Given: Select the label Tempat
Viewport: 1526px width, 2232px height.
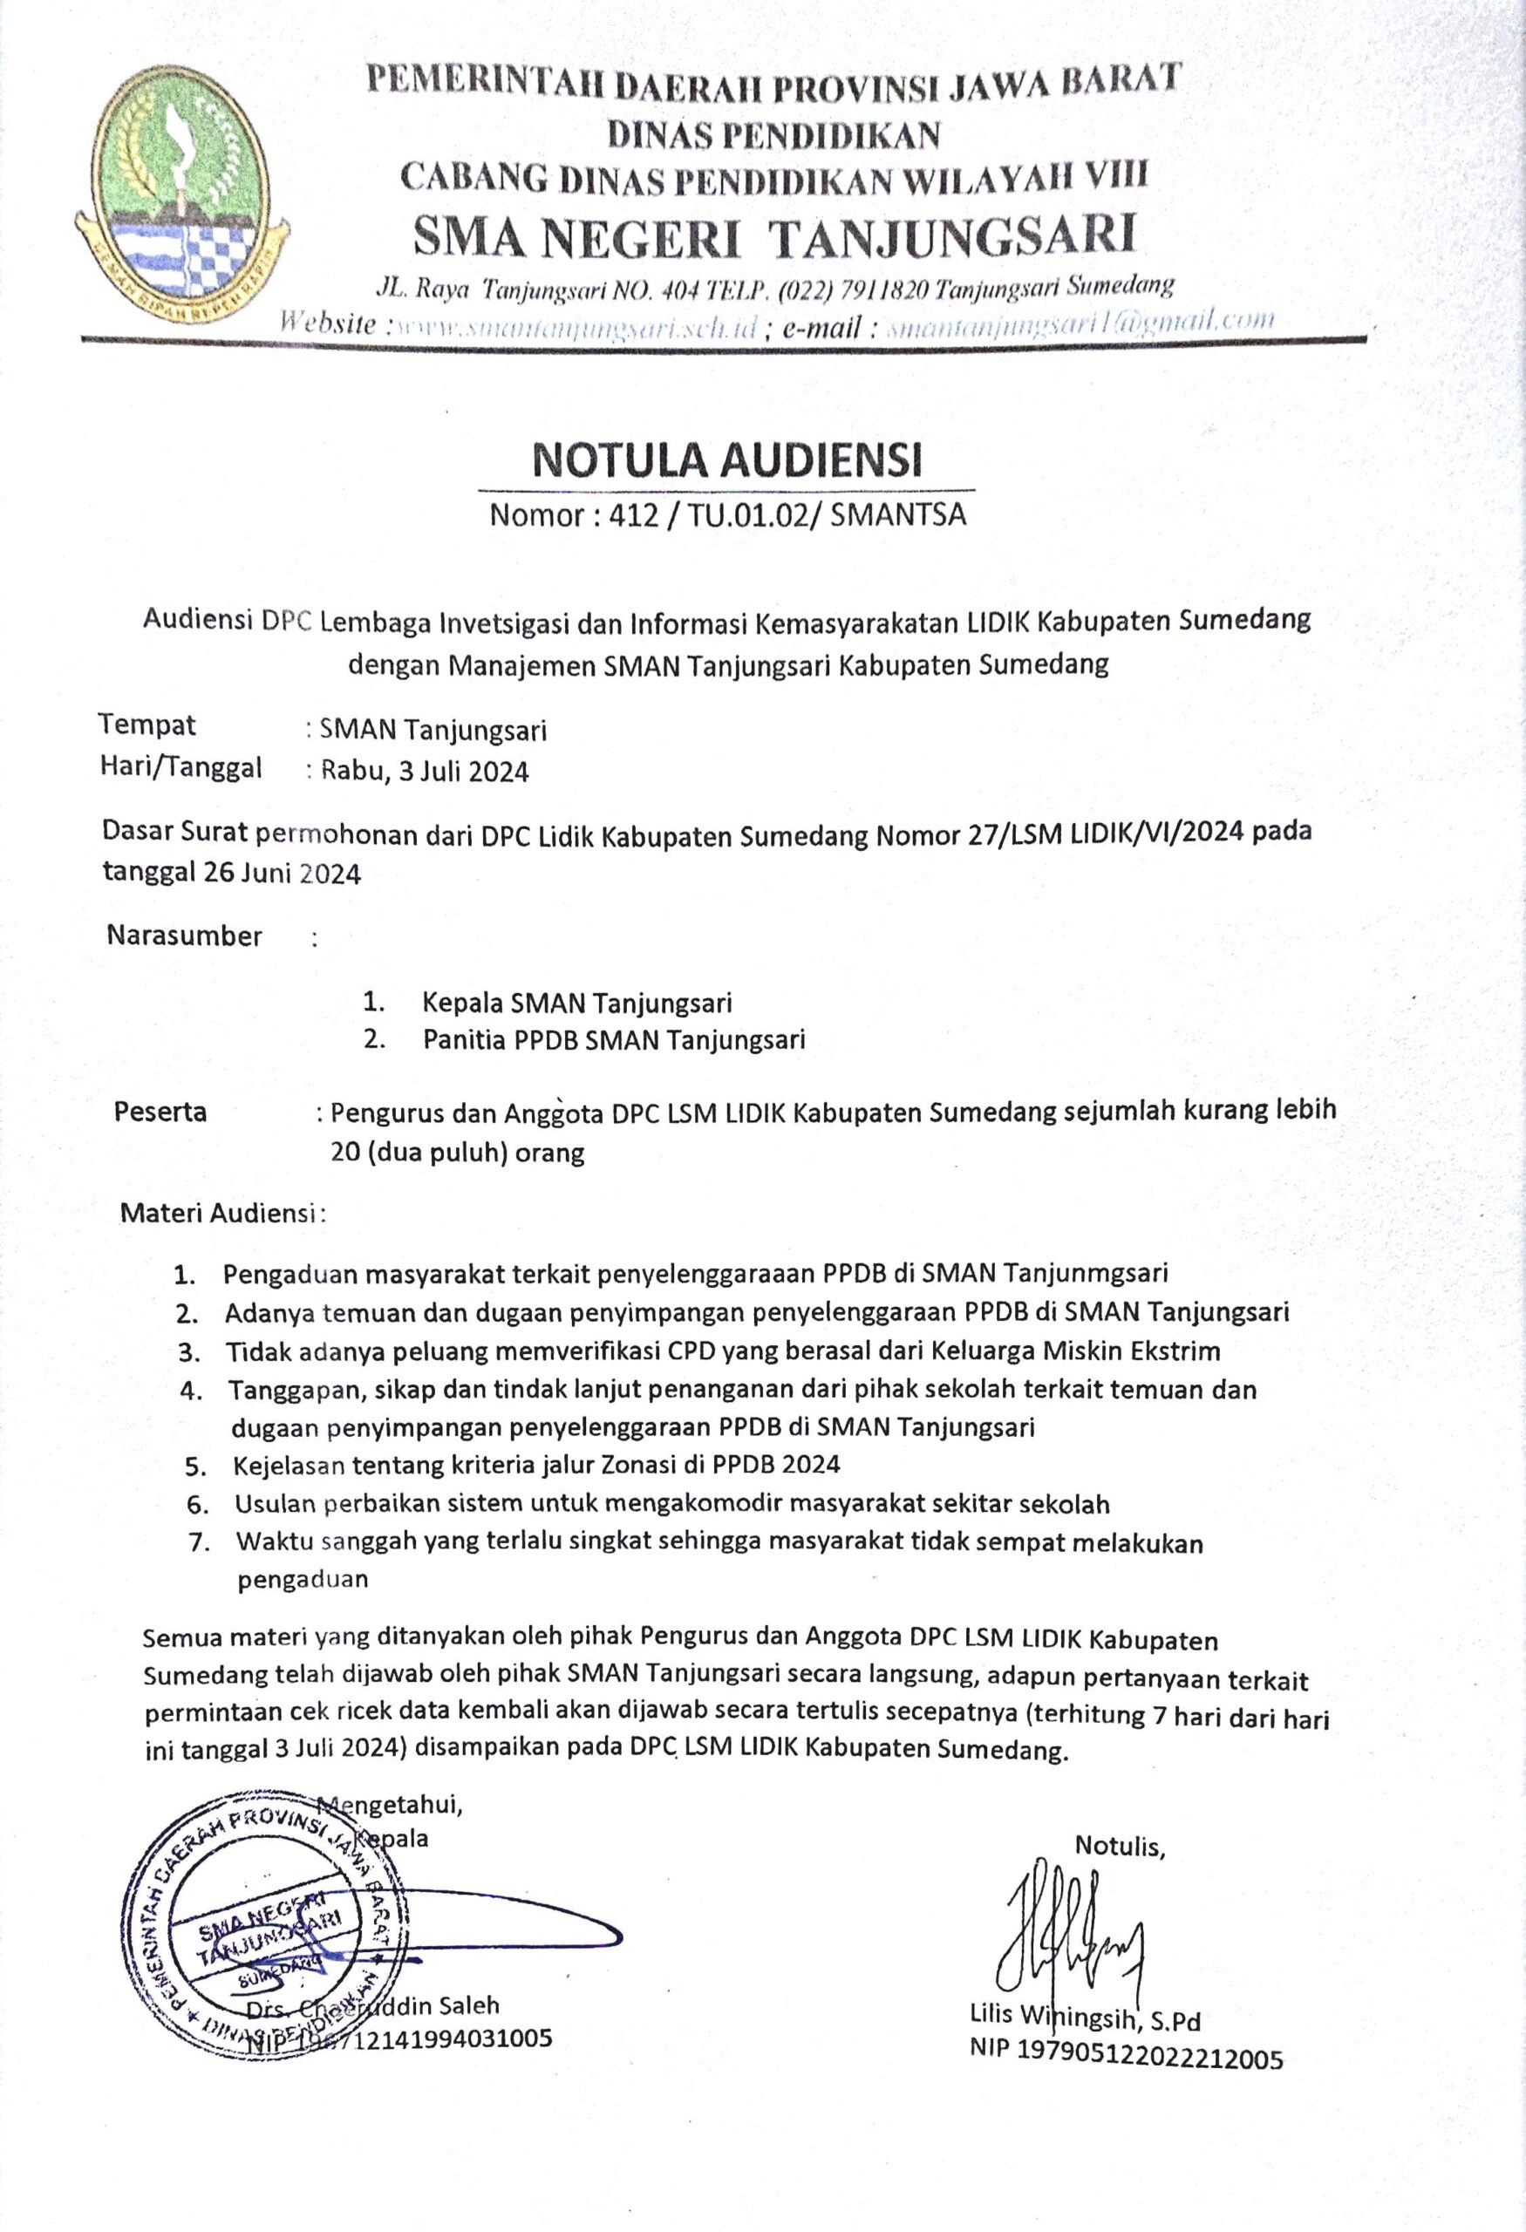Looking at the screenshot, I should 147,725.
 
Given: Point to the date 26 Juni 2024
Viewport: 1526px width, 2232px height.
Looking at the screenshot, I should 282,873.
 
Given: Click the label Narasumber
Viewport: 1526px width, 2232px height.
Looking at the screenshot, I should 184,936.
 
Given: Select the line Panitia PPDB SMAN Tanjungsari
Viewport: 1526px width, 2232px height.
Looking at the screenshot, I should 614,1039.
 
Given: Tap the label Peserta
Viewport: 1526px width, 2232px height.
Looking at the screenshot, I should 160,1111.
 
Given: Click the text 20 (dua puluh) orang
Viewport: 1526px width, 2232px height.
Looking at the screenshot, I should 457,1152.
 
